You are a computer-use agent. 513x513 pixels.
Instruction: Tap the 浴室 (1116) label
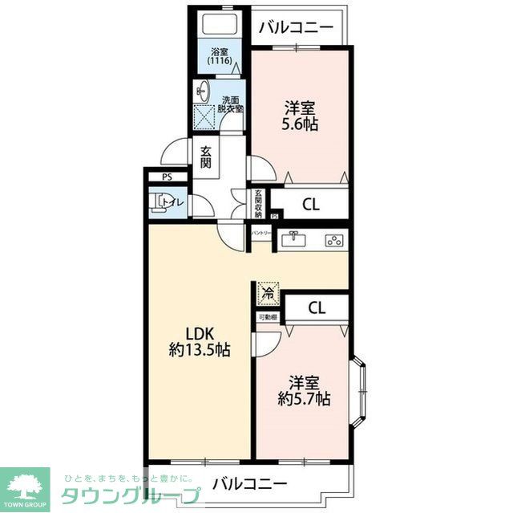(219, 57)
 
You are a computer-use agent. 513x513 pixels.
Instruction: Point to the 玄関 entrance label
(206, 157)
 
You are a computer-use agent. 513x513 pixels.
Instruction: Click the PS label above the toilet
(167, 177)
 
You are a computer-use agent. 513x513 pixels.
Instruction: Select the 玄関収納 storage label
(259, 203)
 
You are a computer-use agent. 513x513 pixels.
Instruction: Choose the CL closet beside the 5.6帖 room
(311, 204)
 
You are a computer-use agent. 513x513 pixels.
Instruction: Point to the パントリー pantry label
(261, 233)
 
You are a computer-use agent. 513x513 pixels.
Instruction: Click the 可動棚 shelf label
(268, 318)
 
